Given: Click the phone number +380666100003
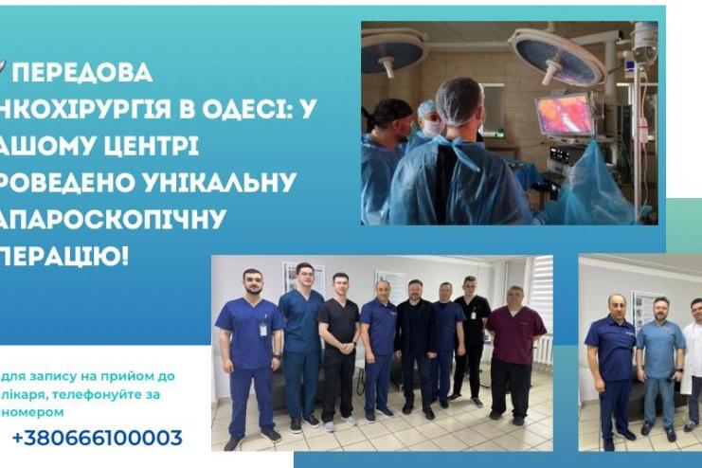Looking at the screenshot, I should pyautogui.click(x=97, y=438).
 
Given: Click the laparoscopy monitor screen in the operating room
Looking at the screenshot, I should pyautogui.click(x=564, y=115).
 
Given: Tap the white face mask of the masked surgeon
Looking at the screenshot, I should pyautogui.click(x=431, y=127).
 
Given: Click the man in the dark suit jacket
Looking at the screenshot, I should pyautogui.click(x=415, y=341).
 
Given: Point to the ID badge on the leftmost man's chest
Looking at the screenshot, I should pyautogui.click(x=263, y=328).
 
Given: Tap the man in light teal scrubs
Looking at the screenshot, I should pyautogui.click(x=659, y=365).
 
